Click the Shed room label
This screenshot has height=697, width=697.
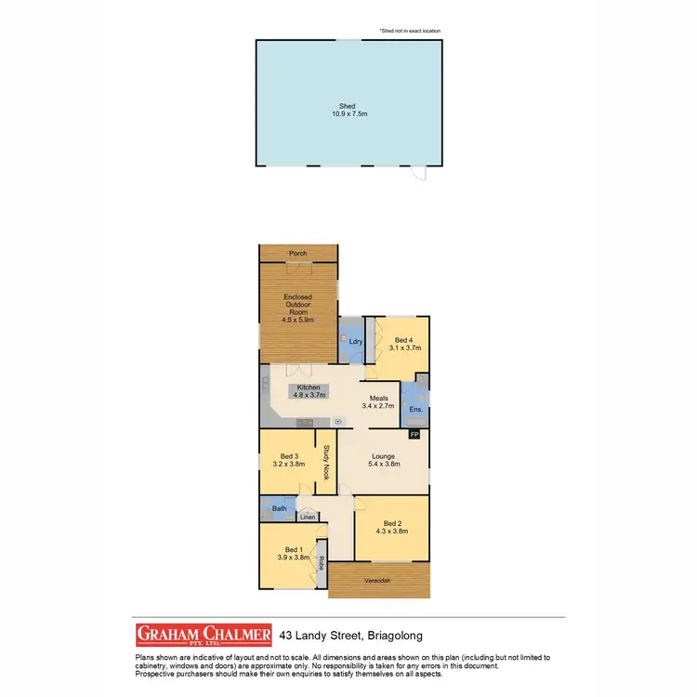348,106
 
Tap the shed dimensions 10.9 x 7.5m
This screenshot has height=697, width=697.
348,114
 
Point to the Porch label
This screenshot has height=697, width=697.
298,254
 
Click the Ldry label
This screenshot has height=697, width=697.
355,341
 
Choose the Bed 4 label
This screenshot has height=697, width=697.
403,340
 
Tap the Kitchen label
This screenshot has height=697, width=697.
309,387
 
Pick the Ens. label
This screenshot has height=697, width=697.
416,409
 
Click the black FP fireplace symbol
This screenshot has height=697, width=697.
414,433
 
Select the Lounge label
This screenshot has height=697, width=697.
384,456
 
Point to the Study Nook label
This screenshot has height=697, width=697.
326,462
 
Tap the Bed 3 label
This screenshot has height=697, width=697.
289,455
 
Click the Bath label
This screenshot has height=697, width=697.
279,508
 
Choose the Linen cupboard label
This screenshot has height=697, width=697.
307,517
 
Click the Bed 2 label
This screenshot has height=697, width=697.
391,522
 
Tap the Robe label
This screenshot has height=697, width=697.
322,562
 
